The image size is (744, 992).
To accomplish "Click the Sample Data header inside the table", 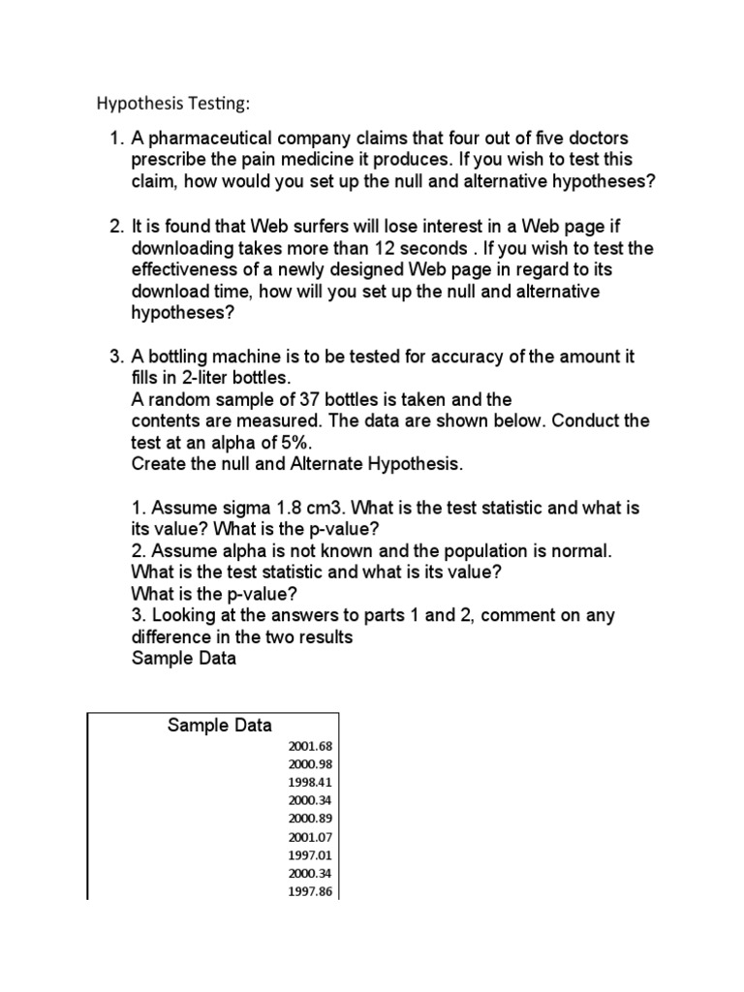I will (x=219, y=726).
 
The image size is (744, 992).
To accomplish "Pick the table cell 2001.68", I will (x=310, y=746).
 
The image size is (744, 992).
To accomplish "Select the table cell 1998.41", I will (x=310, y=783).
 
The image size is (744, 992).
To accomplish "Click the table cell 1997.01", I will (x=310, y=855).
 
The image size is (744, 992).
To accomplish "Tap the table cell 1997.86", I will (x=310, y=892).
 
